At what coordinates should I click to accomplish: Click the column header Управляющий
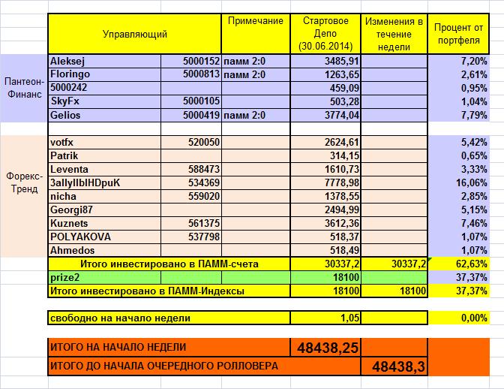click(135, 34)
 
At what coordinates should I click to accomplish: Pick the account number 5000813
click(200, 74)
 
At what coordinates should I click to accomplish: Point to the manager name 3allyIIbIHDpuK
click(84, 182)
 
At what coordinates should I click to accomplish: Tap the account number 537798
click(202, 237)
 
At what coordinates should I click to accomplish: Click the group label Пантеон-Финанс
click(23, 88)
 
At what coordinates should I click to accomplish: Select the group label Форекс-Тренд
click(23, 182)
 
